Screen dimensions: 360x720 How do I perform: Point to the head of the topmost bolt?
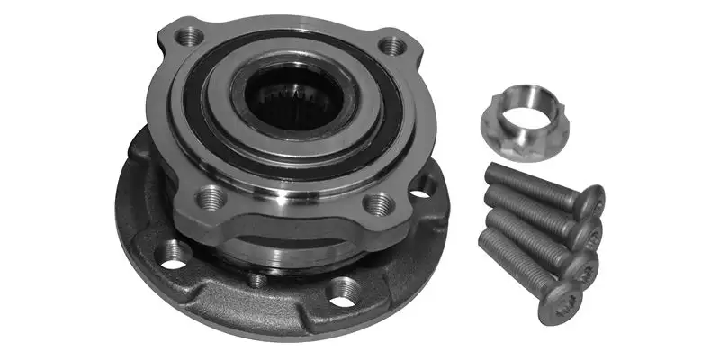(590, 201)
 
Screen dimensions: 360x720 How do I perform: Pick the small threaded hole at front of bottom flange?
(258, 280)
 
